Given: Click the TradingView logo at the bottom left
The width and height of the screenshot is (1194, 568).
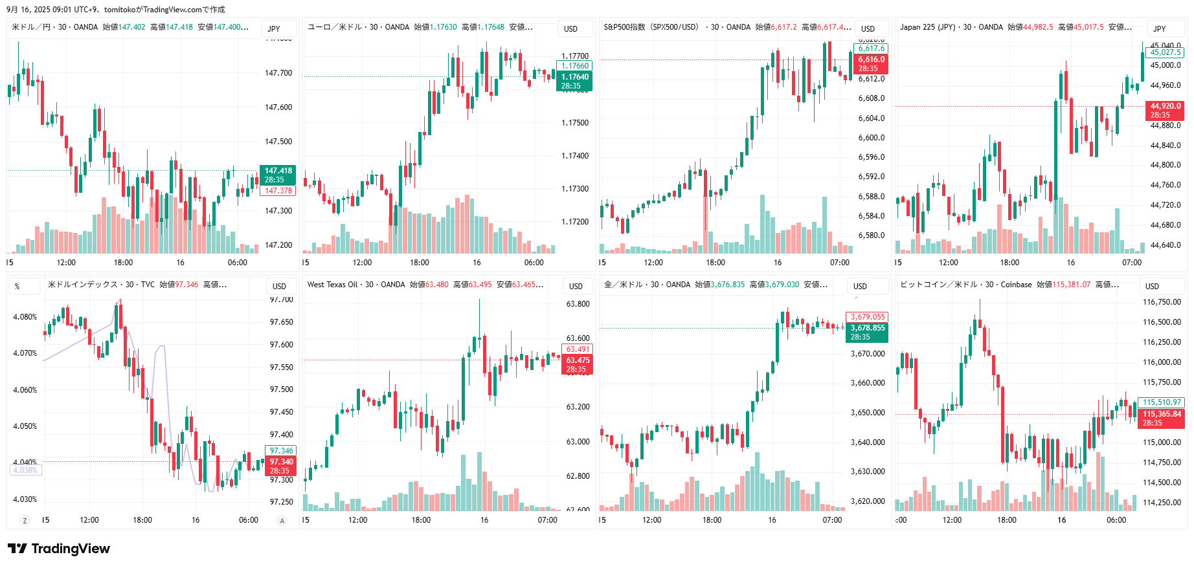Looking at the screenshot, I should [59, 549].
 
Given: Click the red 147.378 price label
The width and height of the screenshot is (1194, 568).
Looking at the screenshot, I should [278, 191].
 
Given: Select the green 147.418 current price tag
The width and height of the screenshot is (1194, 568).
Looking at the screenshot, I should [278, 175].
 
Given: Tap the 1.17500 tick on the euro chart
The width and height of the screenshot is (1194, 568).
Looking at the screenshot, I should [575, 123].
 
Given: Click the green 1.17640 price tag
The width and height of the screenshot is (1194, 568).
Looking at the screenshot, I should [574, 81].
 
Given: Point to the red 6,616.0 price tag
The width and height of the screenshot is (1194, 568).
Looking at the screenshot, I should [872, 63].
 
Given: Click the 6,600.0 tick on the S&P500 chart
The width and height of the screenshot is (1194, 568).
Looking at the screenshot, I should [871, 138].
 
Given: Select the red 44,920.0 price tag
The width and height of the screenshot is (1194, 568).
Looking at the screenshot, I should [1165, 110].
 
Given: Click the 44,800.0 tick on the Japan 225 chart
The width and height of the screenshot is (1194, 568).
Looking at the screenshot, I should [1166, 165].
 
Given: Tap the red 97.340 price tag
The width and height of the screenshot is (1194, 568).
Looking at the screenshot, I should [281, 466].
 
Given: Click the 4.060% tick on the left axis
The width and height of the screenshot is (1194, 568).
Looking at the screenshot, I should [25, 390].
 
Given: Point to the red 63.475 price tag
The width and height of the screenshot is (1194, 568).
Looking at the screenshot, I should [578, 364].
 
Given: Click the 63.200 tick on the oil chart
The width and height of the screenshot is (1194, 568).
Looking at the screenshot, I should [578, 407].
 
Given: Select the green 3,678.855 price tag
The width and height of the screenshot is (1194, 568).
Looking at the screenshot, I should [867, 332].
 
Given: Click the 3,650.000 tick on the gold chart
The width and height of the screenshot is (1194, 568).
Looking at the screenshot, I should [868, 413].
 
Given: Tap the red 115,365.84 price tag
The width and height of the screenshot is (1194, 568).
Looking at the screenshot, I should [1162, 418].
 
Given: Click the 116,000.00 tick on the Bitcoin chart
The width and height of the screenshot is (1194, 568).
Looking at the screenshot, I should [1162, 362].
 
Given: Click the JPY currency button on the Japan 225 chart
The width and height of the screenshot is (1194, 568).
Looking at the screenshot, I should [1159, 28].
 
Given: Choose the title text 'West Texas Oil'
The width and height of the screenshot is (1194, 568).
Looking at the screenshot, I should [332, 285].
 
